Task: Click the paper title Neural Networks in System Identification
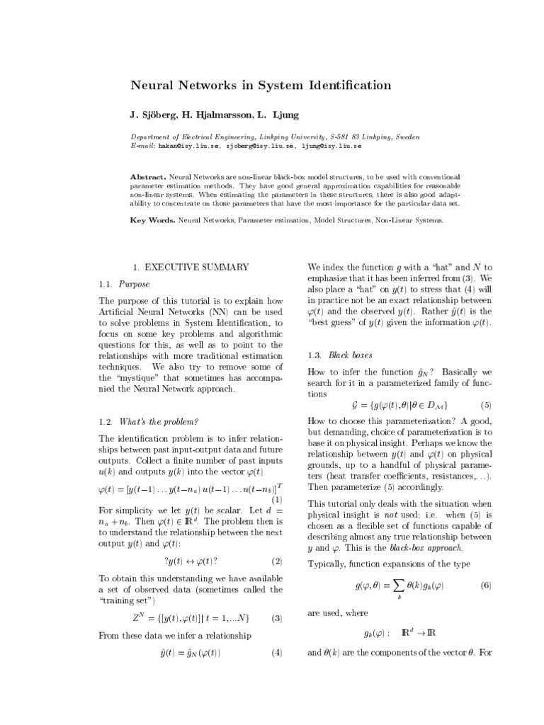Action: [x=260, y=86]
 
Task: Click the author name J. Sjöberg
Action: [x=153, y=114]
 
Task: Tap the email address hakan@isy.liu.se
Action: [x=188, y=145]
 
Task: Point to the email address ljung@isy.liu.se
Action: [x=331, y=145]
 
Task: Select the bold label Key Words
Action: [x=152, y=220]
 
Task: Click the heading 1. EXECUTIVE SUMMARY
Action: [x=191, y=267]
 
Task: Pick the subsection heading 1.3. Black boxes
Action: [x=339, y=355]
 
